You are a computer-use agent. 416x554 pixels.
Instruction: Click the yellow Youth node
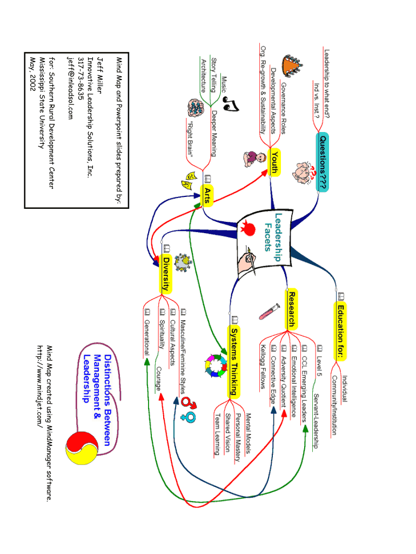point(275,162)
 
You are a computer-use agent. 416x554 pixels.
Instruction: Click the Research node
point(291,309)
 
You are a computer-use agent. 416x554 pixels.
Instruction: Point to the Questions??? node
point(322,162)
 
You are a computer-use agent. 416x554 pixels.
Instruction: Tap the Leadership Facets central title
point(273,232)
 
